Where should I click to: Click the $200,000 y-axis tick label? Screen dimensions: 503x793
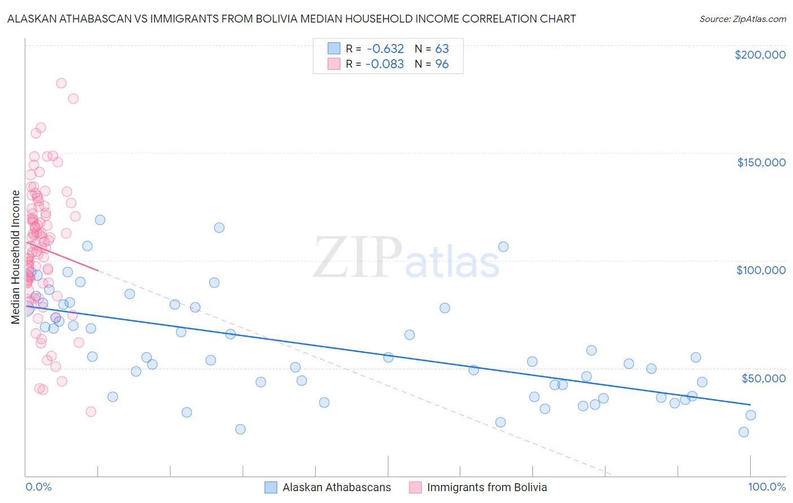pos(760,55)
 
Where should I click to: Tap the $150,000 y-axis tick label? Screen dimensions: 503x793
pos(761,162)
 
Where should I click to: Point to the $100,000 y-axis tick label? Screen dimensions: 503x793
pos(761,270)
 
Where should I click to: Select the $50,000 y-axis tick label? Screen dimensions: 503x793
pos(763,378)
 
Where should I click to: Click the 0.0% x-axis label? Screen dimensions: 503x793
pos(38,487)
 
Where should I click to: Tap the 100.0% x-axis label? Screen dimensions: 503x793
pos(766,487)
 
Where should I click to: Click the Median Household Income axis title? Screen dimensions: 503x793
pos(16,257)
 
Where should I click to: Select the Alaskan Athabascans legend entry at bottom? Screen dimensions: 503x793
pos(328,487)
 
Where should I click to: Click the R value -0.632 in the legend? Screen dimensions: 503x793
pos(385,48)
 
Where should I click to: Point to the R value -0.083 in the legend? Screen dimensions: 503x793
pos(385,64)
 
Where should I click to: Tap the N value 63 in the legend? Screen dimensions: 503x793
pos(442,48)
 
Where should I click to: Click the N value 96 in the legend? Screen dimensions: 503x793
pos(442,64)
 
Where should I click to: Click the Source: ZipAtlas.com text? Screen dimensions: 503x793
pos(742,19)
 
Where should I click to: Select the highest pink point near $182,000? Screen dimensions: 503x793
pos(61,83)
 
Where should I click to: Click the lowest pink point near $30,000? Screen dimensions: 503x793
pos(90,412)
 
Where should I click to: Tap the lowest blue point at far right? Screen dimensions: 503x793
pos(743,432)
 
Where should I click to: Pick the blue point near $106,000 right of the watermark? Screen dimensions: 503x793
pos(503,246)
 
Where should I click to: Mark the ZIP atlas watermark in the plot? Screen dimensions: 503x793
pos(406,258)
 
